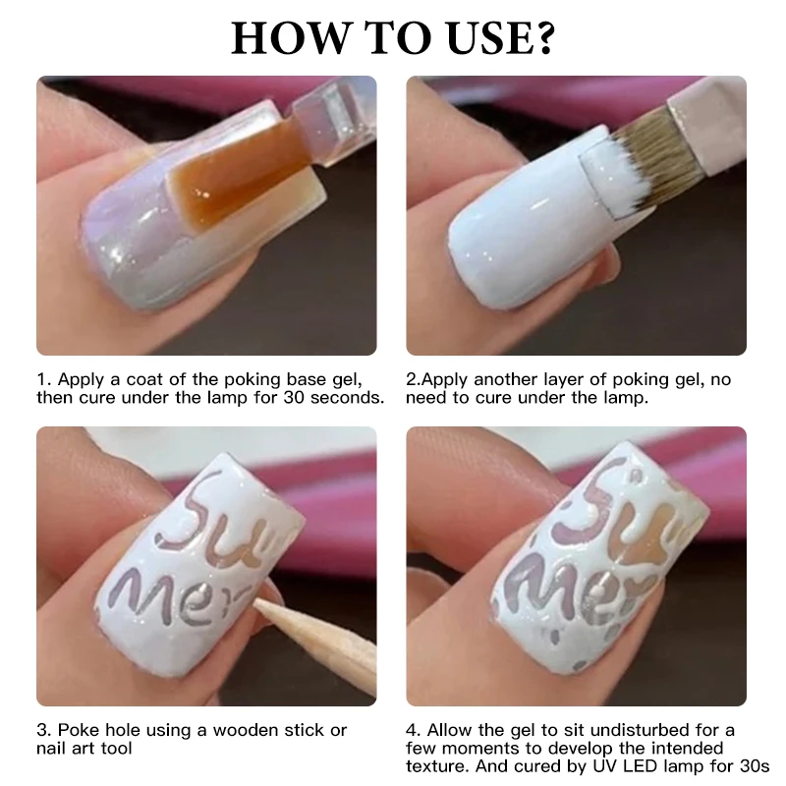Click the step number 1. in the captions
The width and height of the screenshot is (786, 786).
[43, 379]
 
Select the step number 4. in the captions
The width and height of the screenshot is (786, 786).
[414, 730]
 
